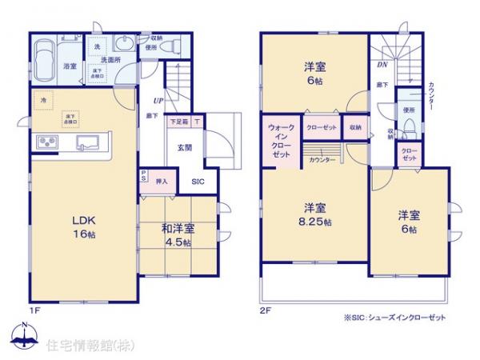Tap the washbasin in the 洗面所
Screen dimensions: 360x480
point(126,46)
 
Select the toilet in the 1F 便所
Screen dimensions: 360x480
point(171,48)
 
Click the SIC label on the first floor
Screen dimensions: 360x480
point(197,182)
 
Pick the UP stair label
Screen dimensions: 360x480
point(159,101)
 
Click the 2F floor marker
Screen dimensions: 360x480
point(264,307)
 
